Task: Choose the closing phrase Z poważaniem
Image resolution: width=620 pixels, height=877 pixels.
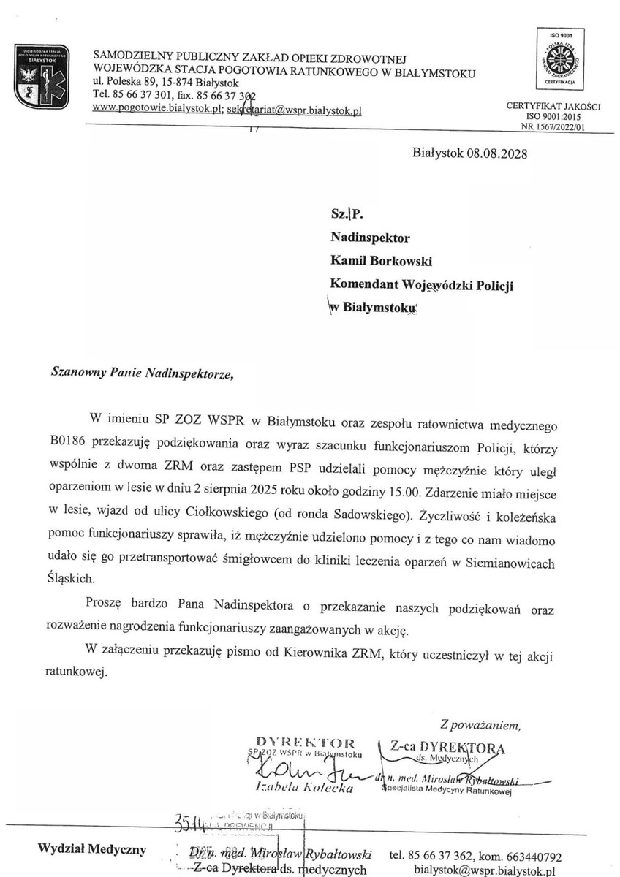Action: coord(480,726)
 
